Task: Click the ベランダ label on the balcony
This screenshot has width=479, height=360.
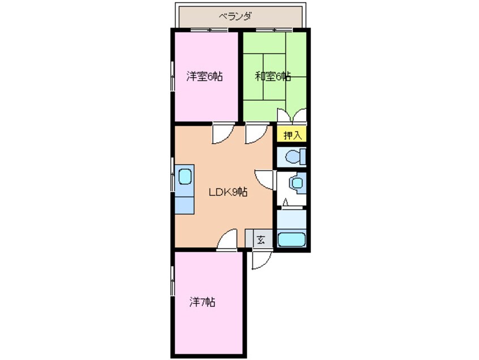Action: (x=235, y=16)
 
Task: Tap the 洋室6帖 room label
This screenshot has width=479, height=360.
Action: (x=204, y=76)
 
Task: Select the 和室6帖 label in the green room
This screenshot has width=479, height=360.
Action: (x=273, y=76)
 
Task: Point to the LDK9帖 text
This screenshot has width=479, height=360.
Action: (x=228, y=192)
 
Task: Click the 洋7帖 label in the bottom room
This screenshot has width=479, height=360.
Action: (x=202, y=302)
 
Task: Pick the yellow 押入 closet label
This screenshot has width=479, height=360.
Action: (x=292, y=135)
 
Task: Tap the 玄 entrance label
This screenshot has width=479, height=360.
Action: (x=260, y=240)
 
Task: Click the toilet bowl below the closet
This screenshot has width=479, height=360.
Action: (x=295, y=157)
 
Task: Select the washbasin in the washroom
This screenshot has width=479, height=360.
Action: (x=297, y=183)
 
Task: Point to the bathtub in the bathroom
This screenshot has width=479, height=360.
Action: (x=292, y=239)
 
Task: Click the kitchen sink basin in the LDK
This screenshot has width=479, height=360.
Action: (x=185, y=177)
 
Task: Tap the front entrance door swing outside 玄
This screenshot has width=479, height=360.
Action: (x=262, y=260)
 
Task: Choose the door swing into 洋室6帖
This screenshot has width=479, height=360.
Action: (x=223, y=133)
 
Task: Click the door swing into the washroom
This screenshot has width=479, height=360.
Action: (x=264, y=179)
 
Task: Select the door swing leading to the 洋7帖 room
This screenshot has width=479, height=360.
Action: (x=226, y=239)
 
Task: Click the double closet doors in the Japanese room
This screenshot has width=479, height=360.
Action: (x=292, y=115)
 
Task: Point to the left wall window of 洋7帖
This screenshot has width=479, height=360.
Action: (x=173, y=281)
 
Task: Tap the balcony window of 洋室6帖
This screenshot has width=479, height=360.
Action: (x=209, y=30)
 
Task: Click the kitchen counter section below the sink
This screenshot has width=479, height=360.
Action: (x=184, y=205)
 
